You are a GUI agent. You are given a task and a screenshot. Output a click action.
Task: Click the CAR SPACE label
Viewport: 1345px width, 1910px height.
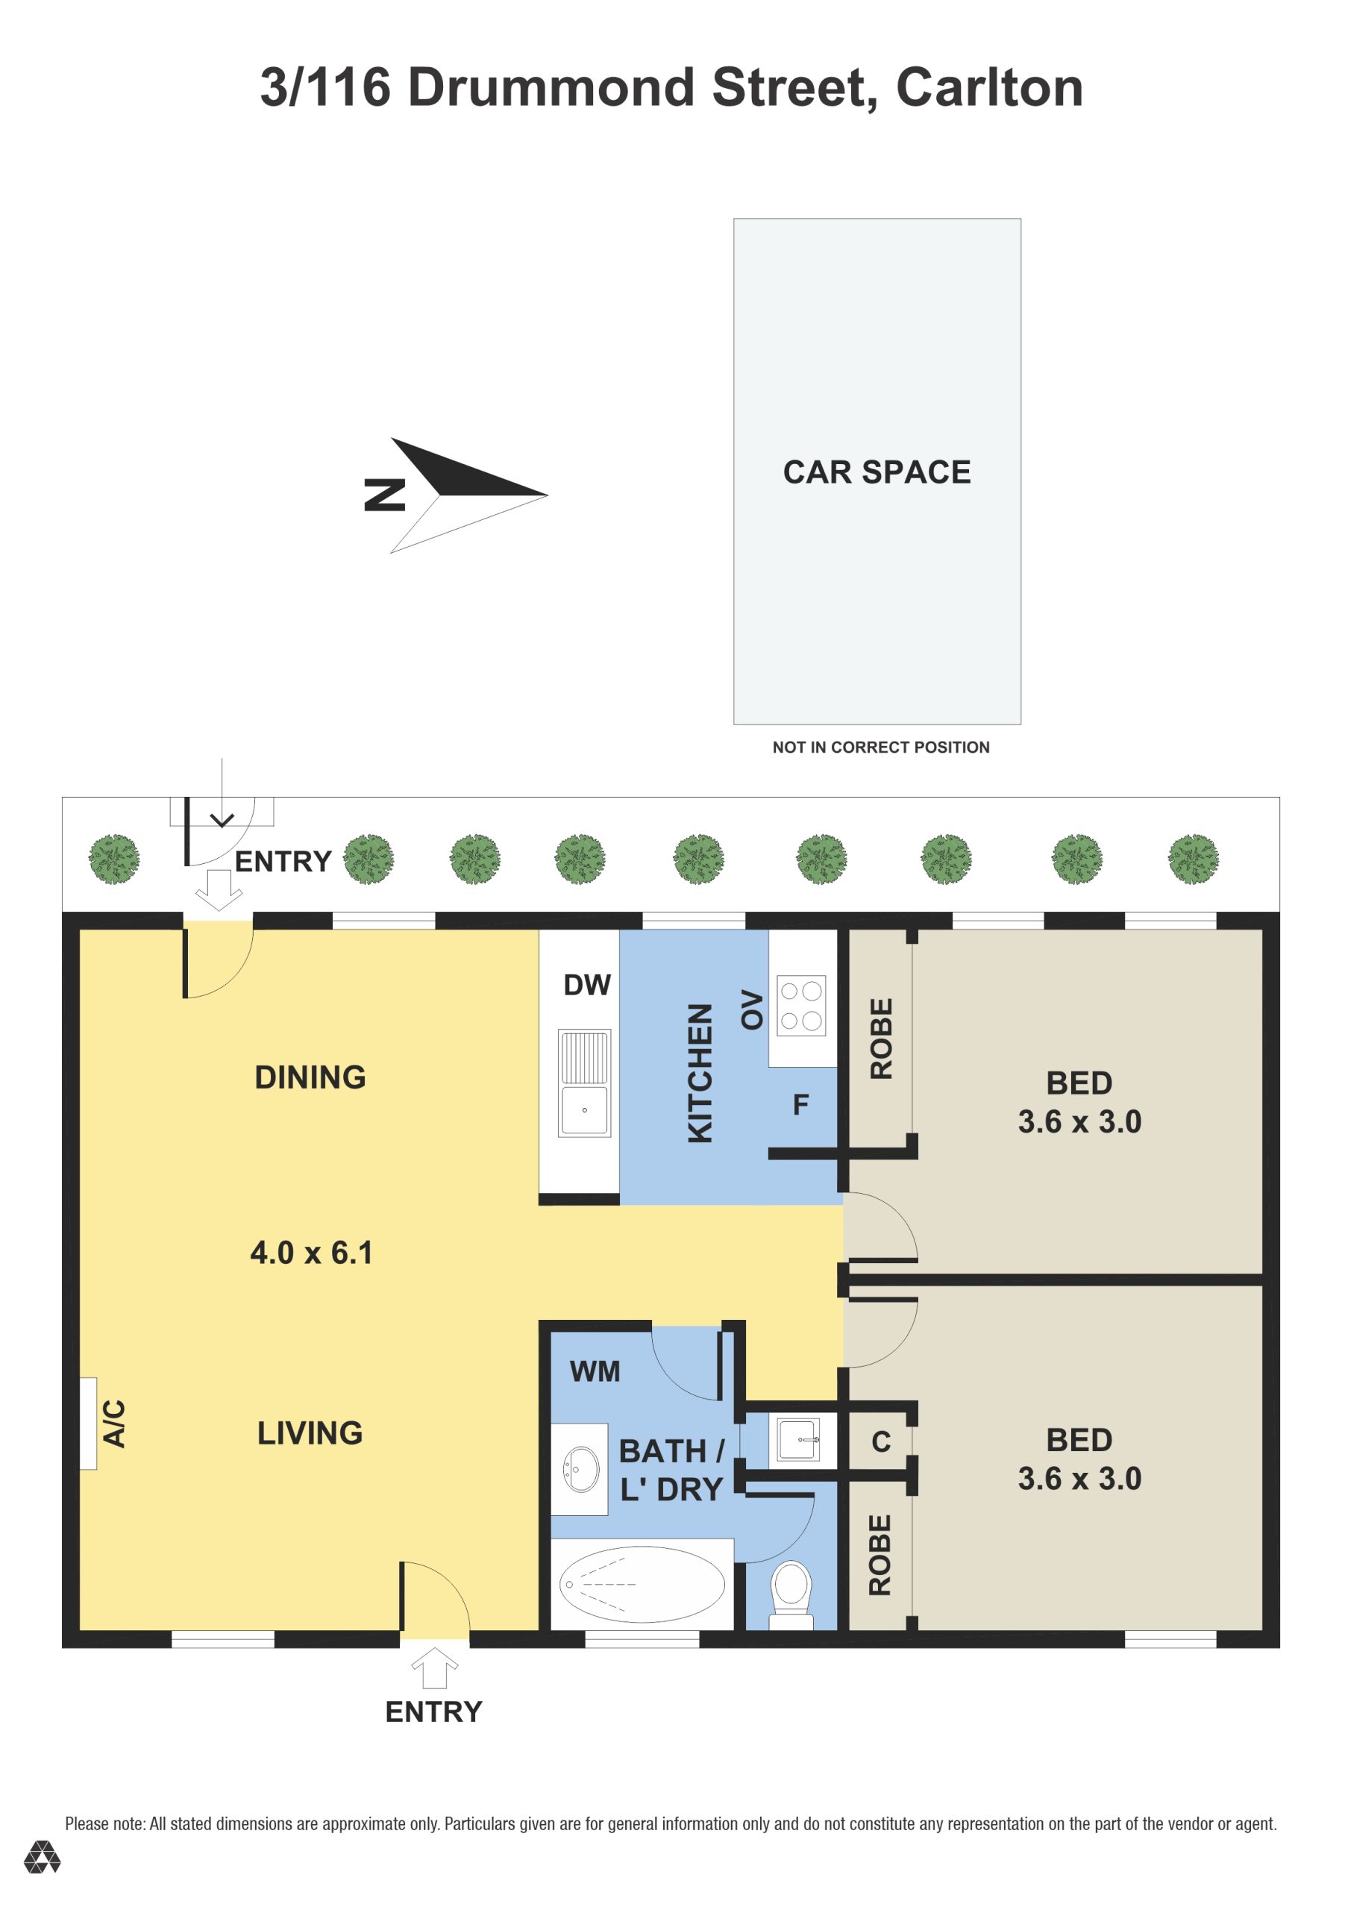pos(877,472)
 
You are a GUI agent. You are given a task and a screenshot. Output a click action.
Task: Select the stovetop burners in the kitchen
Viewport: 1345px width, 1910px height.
pos(801,1005)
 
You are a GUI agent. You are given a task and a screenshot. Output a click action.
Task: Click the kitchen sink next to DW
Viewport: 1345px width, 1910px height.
pos(584,1083)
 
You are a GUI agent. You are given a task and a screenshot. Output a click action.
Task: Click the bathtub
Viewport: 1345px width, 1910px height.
pos(642,1584)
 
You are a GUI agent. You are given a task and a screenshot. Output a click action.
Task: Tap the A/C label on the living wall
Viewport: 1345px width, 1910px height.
pos(114,1424)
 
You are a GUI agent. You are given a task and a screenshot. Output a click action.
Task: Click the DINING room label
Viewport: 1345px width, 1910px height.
pos(310,1077)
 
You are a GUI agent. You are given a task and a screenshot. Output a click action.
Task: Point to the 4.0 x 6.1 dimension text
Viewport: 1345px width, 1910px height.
pos(311,1253)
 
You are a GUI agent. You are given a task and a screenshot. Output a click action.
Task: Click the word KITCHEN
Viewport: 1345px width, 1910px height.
pos(700,1073)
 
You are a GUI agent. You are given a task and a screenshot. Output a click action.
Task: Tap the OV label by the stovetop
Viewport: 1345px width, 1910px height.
pos(752,1009)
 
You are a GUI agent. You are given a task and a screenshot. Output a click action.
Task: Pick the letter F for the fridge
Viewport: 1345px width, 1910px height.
pos(800,1105)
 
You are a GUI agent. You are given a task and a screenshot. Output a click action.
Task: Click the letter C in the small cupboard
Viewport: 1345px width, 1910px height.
pos(881,1441)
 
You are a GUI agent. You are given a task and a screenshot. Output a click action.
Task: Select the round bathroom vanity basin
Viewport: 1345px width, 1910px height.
pos(580,1469)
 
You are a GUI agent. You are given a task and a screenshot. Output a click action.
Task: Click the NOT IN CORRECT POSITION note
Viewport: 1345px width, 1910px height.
pos(881,747)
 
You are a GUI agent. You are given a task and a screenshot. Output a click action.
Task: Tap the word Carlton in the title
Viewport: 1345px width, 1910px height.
pos(989,87)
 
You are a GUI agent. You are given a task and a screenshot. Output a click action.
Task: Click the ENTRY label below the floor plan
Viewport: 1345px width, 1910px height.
pos(433,1712)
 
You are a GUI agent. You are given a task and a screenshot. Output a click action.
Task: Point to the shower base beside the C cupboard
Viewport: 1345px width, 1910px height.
pos(798,1439)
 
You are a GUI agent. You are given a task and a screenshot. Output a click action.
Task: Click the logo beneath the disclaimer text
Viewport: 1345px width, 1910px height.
pos(42,1857)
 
